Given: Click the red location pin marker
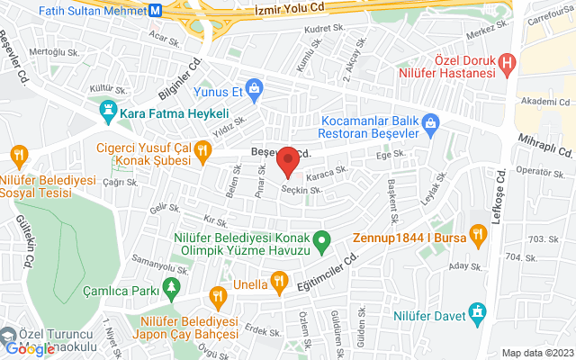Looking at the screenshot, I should [288, 160].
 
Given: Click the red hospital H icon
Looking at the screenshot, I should [508, 64].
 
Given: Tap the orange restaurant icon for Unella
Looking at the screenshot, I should [280, 281].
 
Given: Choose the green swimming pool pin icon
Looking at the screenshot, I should [326, 240].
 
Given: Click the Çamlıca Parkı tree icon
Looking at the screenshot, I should [172, 288].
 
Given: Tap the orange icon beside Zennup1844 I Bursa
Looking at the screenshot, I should [479, 236].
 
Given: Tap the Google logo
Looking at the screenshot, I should [29, 348].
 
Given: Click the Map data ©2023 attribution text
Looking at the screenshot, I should [536, 354].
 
